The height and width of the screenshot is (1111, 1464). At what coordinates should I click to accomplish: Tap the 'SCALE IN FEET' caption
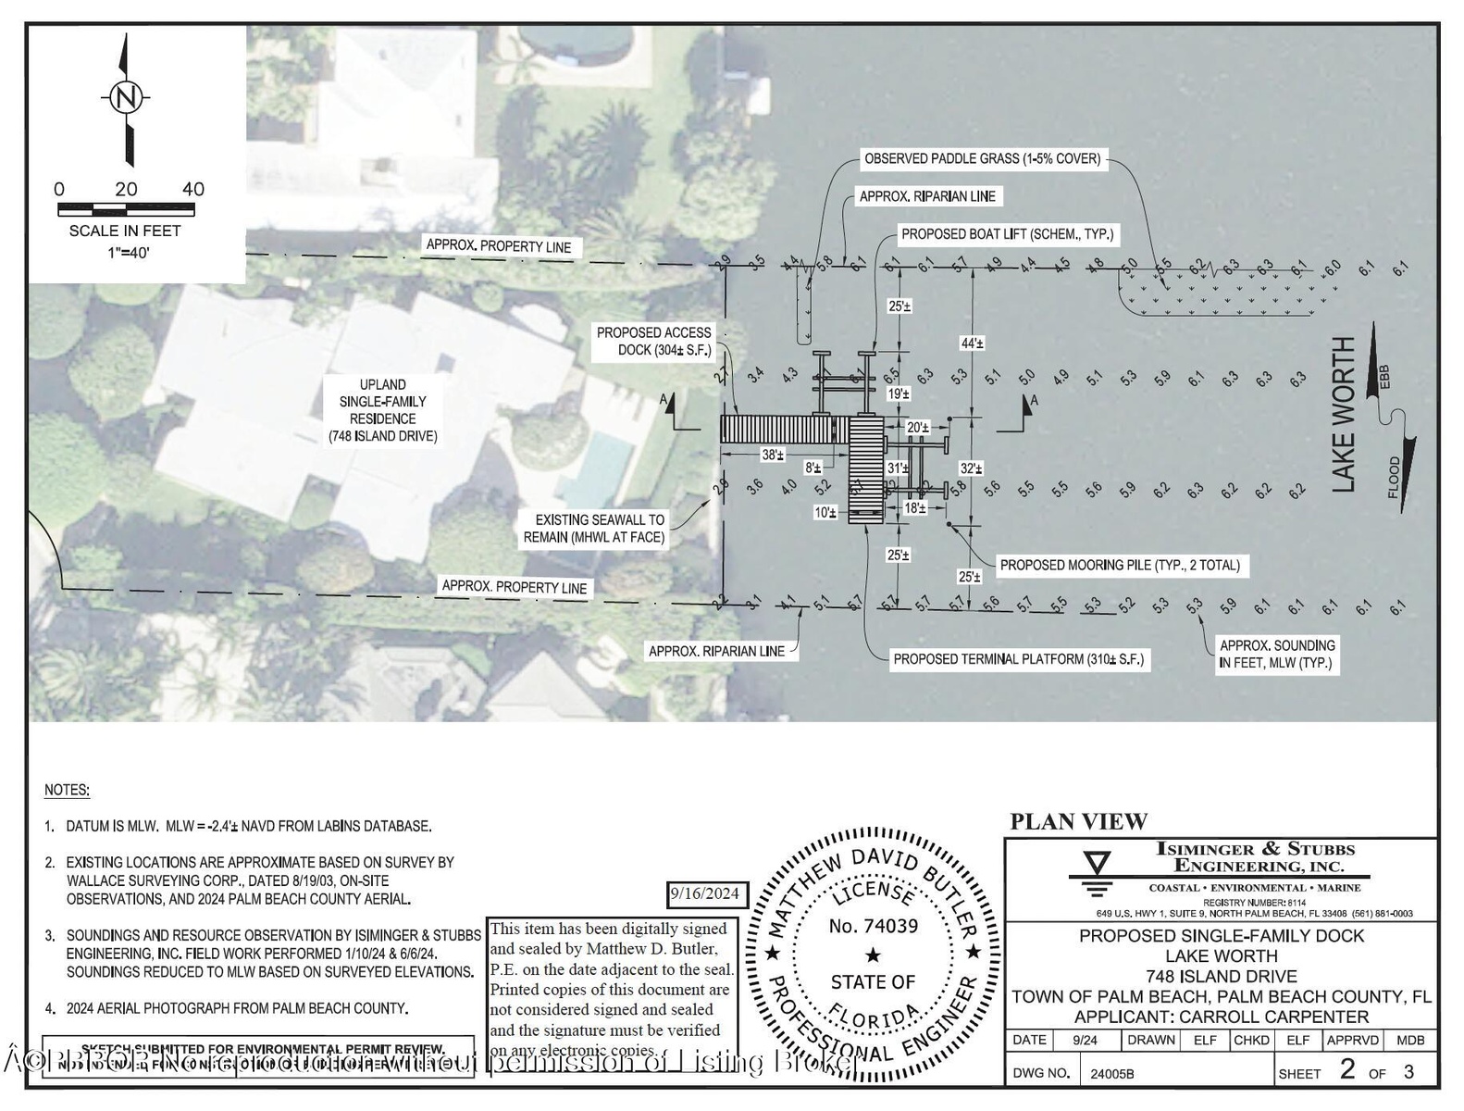125,231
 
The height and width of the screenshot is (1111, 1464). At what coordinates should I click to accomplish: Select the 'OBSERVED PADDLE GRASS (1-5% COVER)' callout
982,158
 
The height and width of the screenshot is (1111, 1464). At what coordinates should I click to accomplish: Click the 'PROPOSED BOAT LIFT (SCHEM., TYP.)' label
1007,234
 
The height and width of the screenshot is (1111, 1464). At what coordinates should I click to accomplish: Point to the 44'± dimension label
972,343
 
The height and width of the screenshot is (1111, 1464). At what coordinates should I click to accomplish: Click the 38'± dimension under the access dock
773,455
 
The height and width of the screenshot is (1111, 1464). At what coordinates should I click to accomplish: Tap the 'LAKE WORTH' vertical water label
1343,414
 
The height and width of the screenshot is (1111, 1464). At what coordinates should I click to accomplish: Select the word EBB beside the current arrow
1385,377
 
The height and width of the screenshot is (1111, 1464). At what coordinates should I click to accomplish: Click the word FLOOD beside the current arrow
1394,478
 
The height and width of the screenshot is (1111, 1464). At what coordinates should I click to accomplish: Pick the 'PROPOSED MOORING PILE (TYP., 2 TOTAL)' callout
1120,565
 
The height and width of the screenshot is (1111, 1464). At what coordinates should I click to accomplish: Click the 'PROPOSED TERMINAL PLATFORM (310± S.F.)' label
1018,659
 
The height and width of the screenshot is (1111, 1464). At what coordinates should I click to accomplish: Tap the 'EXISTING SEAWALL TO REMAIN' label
594,529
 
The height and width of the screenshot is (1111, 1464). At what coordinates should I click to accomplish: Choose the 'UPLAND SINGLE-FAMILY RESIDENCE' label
382,410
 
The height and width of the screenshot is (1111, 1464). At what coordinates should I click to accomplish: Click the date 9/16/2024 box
705,893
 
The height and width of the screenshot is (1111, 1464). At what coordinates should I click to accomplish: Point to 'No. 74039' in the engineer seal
873,926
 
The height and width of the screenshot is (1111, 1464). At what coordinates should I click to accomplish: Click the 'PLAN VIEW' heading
1078,821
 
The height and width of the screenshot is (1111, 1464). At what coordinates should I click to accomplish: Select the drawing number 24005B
1111,1074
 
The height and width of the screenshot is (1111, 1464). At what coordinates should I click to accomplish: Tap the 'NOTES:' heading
67,791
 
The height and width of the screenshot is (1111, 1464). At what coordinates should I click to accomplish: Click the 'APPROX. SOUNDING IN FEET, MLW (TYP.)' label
1276,654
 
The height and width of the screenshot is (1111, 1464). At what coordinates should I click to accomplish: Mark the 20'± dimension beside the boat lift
917,427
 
